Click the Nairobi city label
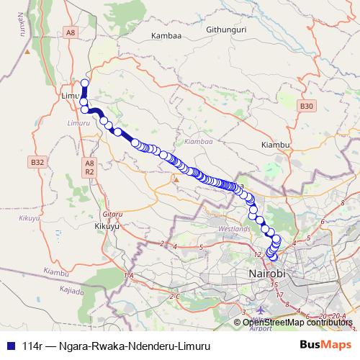(267, 274)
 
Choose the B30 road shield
(307, 106)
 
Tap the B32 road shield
(38, 163)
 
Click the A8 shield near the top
(70, 32)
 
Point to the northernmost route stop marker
(85, 83)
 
